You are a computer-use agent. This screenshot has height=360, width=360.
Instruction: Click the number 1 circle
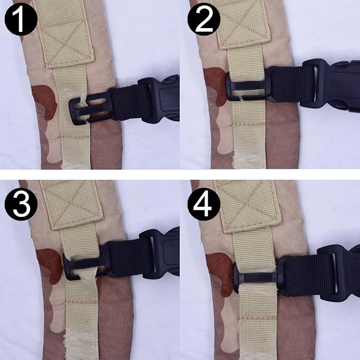click(x=21, y=19)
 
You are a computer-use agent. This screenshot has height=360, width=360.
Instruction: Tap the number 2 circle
click(x=204, y=19)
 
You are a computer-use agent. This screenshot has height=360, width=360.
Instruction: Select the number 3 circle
click(x=21, y=204)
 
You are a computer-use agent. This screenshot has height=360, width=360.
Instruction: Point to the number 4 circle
click(x=204, y=204)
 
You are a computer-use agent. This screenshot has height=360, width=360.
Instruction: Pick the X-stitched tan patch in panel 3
click(x=71, y=204)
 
